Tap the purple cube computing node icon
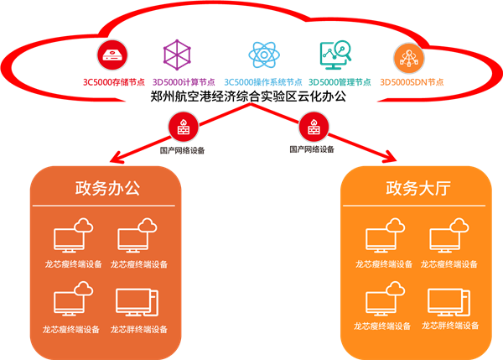[x=176, y=55]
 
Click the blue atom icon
[x=262, y=55]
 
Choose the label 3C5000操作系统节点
[x=262, y=82]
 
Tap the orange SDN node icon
[x=408, y=55]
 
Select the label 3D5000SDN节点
[x=412, y=82]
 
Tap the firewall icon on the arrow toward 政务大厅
[x=310, y=128]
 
